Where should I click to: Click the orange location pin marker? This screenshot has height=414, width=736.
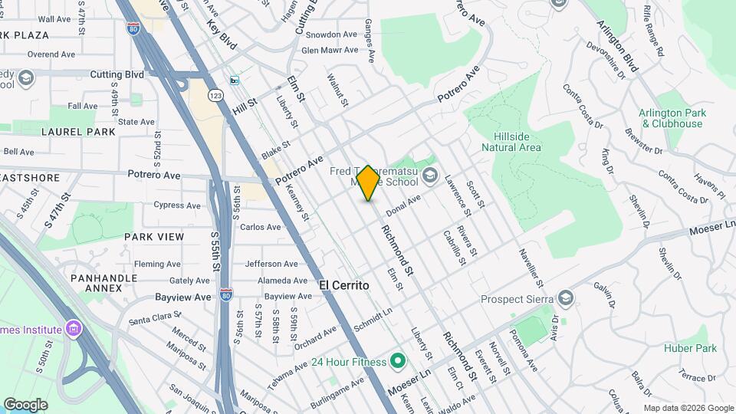pos(368,182)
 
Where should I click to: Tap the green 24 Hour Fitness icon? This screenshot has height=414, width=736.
pos(397,360)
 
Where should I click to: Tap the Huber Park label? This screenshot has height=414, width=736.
pos(691,349)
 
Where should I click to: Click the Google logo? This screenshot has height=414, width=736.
pos(25,404)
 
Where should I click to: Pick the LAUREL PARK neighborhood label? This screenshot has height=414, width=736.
pos(78,132)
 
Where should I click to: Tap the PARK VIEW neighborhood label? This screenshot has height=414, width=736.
pos(154,237)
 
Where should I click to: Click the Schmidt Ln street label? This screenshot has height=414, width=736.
pos(373,320)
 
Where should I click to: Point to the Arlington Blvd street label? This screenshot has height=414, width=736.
pos(617,46)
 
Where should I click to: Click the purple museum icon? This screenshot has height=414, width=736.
pos(73,330)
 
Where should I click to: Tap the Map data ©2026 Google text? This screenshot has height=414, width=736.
pos(688,408)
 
